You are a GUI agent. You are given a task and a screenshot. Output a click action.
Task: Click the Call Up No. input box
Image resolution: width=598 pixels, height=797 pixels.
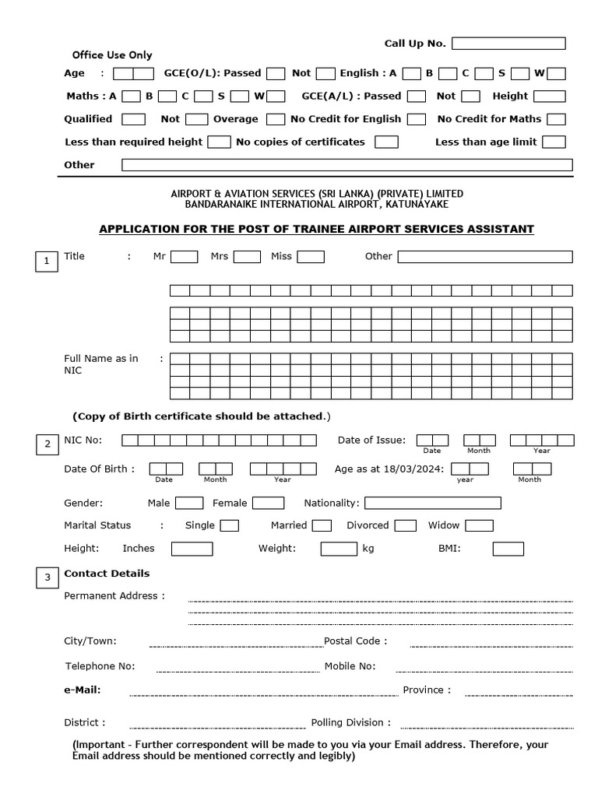(x=508, y=44)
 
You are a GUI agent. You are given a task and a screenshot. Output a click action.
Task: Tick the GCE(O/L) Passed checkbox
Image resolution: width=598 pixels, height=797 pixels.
(x=276, y=74)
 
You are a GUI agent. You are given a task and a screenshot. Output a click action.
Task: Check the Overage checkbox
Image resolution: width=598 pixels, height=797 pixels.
(x=276, y=120)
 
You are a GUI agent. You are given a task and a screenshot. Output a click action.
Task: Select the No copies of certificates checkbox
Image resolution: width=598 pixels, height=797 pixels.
(x=386, y=142)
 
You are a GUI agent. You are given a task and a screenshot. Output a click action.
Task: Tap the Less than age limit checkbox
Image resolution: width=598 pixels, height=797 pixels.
(x=554, y=142)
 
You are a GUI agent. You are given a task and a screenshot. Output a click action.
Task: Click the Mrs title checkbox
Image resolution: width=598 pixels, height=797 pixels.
(x=247, y=257)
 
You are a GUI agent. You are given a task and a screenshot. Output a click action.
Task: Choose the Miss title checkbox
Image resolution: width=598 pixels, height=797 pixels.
(x=311, y=257)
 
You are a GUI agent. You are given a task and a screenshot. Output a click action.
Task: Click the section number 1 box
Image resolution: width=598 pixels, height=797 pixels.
(x=47, y=262)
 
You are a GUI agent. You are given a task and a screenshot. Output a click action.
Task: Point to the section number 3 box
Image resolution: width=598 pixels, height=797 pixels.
(x=47, y=578)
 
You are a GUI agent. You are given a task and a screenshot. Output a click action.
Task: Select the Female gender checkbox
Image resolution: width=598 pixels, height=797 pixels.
(x=268, y=504)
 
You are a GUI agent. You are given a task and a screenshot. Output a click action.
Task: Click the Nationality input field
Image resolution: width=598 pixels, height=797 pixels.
(x=432, y=504)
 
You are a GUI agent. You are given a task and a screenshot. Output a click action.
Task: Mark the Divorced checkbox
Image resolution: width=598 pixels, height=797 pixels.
(x=405, y=526)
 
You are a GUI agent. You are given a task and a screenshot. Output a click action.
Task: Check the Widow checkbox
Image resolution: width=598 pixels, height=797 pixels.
(x=479, y=526)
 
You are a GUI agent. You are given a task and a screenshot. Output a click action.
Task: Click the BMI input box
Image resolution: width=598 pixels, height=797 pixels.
(x=508, y=549)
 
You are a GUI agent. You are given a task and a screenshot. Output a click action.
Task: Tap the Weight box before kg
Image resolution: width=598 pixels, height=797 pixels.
(x=339, y=549)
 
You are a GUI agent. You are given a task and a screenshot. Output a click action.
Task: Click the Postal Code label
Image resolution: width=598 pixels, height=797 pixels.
(x=355, y=641)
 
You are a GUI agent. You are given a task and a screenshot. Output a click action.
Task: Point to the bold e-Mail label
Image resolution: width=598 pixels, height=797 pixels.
(x=82, y=690)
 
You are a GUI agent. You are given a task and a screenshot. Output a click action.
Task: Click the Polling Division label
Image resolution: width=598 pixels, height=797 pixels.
(x=351, y=723)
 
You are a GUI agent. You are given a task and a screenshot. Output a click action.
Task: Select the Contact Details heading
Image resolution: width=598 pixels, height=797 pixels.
(x=107, y=574)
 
